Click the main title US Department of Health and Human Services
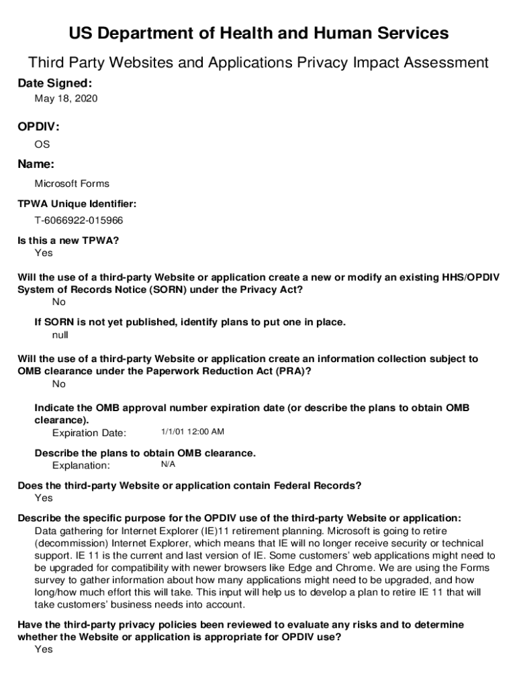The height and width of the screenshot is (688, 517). click(258, 34)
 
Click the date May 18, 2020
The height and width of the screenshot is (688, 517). click(66, 99)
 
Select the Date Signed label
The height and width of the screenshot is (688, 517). click(54, 83)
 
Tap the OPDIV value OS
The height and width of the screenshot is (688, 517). click(42, 144)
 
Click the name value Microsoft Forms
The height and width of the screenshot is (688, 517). click(72, 183)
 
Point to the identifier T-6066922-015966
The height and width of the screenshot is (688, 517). click(79, 220)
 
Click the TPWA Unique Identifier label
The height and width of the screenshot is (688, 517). click(77, 204)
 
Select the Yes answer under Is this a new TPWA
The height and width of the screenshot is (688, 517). click(43, 253)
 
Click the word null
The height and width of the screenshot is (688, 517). click(60, 335)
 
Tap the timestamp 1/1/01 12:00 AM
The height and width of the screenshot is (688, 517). click(193, 432)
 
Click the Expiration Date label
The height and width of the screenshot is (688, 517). click(89, 433)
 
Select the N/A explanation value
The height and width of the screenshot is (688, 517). click(168, 464)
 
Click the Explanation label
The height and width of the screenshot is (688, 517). click(81, 465)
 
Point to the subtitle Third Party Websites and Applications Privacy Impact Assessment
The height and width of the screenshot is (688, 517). click(258, 63)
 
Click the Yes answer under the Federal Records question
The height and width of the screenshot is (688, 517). click(43, 498)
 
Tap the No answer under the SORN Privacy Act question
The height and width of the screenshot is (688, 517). click(59, 302)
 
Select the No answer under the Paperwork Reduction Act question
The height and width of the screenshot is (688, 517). click(59, 384)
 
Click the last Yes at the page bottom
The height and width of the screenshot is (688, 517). click(43, 650)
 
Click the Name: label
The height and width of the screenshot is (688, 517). click(36, 164)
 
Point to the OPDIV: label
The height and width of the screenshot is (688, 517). click(38, 127)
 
